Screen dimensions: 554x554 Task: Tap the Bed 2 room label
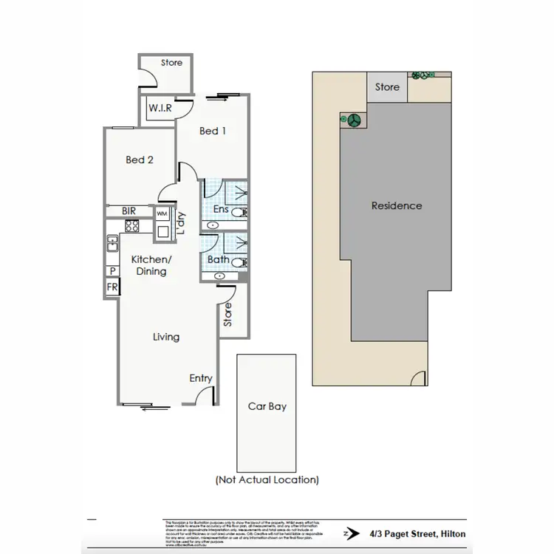[139, 160]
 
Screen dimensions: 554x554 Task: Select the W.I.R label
[160, 109]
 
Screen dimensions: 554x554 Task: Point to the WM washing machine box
[161, 213]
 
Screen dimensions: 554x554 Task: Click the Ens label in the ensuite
[219, 210]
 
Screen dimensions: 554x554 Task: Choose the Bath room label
[218, 259]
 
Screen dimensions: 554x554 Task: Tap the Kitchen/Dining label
[150, 266]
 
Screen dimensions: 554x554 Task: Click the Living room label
[165, 337]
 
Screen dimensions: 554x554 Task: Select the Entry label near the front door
[200, 378]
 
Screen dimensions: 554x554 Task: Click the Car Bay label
[267, 406]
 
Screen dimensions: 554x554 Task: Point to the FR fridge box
[112, 287]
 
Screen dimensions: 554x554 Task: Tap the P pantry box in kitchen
[112, 271]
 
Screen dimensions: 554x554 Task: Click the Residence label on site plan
[397, 205]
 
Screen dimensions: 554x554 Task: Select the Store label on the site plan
[387, 87]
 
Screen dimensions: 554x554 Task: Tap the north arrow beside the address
[349, 531]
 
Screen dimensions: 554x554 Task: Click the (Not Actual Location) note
[267, 479]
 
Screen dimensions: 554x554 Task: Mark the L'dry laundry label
[179, 223]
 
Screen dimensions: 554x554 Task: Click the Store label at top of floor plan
[171, 64]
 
